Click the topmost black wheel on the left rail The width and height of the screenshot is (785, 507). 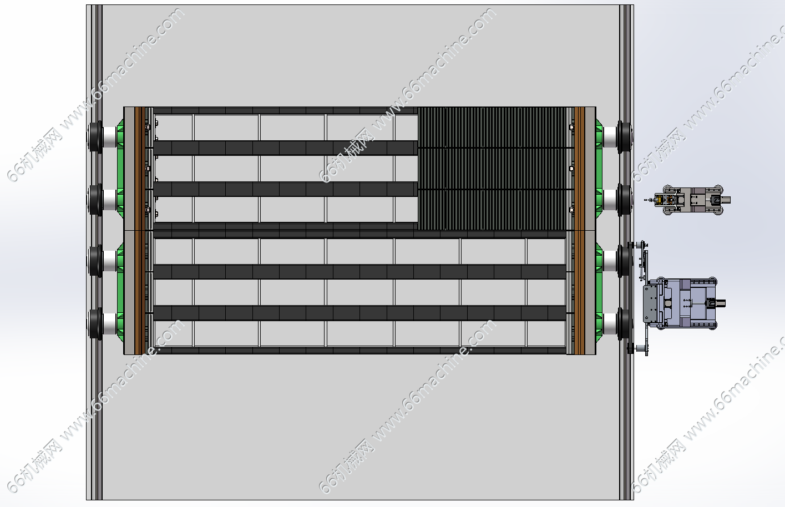95,136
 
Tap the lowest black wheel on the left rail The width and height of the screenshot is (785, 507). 95,323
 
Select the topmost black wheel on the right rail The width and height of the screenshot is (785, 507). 624,137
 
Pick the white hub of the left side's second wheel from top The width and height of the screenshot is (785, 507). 110,200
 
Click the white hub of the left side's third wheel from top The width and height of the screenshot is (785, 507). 110,261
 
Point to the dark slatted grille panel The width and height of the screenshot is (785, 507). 493,169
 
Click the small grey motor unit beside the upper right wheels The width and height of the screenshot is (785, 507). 687,200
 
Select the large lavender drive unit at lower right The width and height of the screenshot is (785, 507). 683,303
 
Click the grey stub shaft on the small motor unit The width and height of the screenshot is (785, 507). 726,200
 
